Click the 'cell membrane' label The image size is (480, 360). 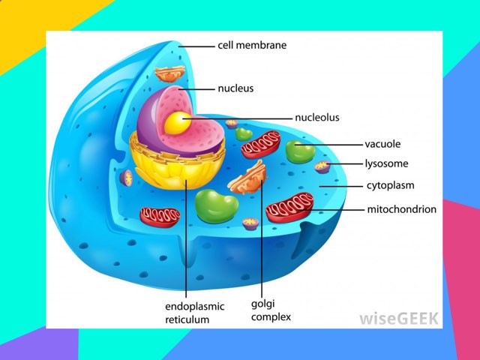[x=251, y=45]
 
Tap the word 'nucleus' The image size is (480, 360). [x=235, y=88]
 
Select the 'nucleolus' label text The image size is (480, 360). [x=316, y=118]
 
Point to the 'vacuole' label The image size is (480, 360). [x=382, y=143]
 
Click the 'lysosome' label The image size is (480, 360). [x=386, y=163]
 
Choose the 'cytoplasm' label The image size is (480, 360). [x=390, y=185]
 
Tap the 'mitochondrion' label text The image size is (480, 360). [x=401, y=209]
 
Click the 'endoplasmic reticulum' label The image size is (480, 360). [x=187, y=313]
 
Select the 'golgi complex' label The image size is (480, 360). [x=270, y=310]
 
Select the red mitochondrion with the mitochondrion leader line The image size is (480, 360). [x=289, y=205]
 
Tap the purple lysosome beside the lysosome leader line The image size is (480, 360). [x=322, y=166]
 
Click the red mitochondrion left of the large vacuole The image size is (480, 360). [x=160, y=216]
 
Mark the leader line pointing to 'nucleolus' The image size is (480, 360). [x=240, y=118]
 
